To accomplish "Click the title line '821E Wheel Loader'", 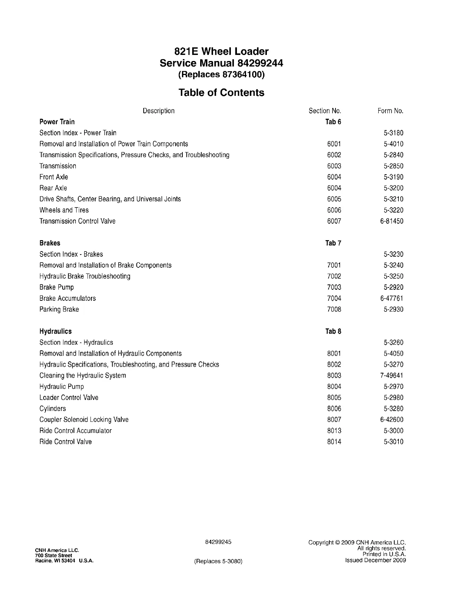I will point(221,52).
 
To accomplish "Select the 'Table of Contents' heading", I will point(221,92).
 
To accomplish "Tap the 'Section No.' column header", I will point(325,111).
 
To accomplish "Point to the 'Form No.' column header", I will point(390,111).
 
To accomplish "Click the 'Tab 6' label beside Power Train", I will point(333,122).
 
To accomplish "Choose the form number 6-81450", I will point(392,221).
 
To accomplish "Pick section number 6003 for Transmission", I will point(334,166).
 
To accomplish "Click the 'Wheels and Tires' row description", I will point(64,210).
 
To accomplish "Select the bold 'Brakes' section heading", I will point(50,243).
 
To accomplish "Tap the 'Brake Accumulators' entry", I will point(67,298).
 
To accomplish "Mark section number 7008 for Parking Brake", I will point(334,309).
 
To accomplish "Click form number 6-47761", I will point(392,298).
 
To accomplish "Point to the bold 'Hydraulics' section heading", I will point(55,331).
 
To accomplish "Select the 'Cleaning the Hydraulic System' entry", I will point(83,376).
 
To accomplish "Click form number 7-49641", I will point(392,376).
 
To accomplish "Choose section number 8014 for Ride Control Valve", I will point(334,442).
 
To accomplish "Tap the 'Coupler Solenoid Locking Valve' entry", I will point(84,420).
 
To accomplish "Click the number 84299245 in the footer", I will point(218,542).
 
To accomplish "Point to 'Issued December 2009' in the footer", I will point(375,560).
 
